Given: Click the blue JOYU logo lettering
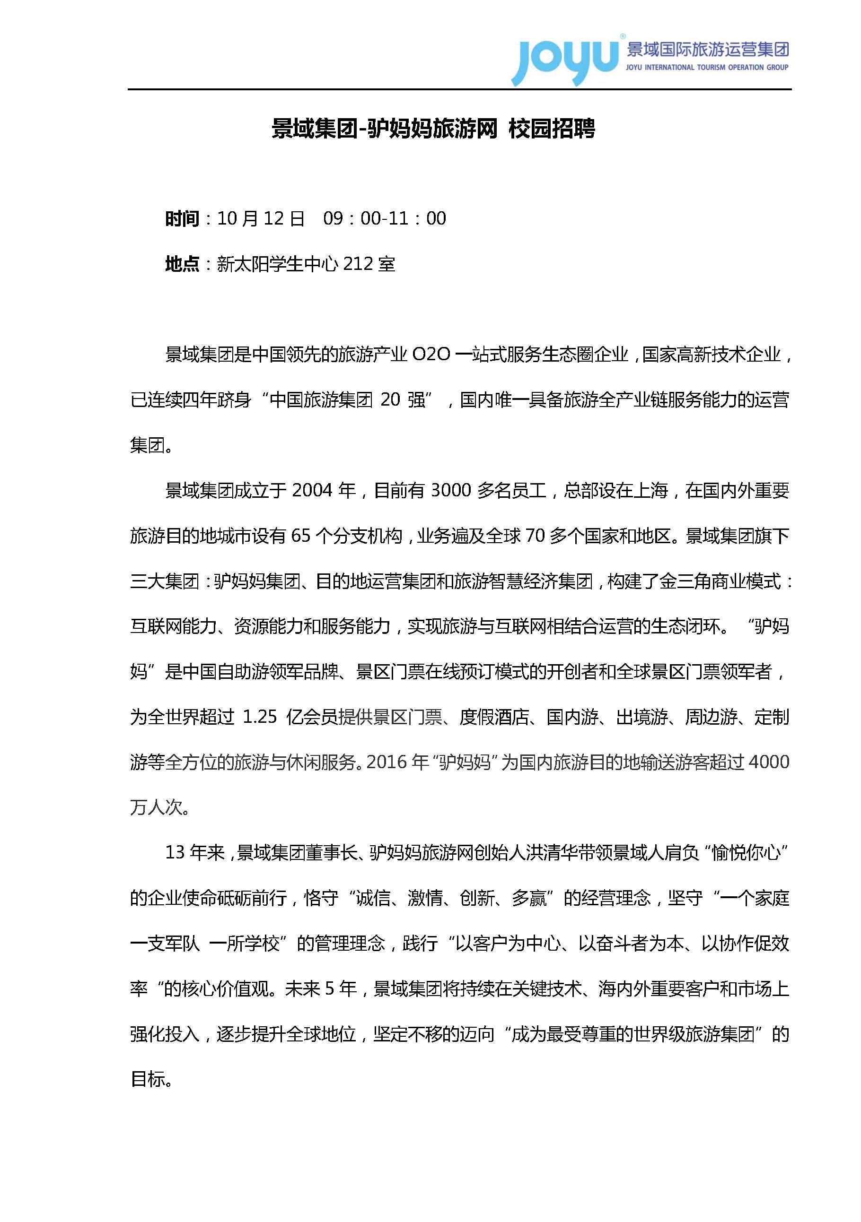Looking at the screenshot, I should (x=564, y=59).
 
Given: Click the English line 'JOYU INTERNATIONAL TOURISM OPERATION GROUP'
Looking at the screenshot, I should (x=707, y=68).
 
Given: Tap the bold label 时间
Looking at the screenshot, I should (x=182, y=219).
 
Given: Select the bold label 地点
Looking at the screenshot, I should (x=182, y=264).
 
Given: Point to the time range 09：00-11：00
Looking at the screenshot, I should (x=385, y=219).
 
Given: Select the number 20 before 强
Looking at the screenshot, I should (x=390, y=400).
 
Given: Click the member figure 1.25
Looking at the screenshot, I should (x=260, y=717).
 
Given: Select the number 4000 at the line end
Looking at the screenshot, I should (x=769, y=762).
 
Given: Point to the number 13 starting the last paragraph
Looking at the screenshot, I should (x=175, y=853).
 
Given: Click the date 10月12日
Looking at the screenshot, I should (x=261, y=219).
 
